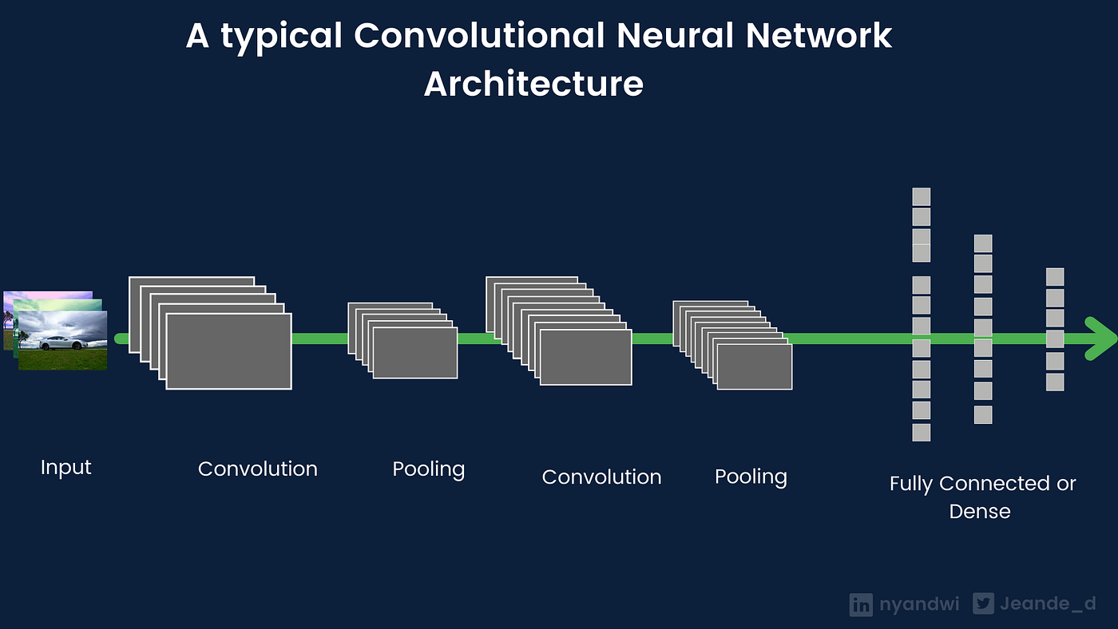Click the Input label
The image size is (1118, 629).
point(65,467)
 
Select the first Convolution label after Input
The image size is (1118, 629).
point(257,469)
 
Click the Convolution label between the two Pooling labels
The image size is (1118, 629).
point(601,477)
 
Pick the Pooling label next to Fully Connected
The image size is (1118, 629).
point(751,477)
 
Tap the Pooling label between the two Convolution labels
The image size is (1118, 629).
point(428,469)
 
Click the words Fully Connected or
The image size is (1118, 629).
point(982,484)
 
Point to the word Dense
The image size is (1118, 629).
point(980,512)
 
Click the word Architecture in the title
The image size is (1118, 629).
point(533,84)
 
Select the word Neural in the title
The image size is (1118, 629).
point(691,36)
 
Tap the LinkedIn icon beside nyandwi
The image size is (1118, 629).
point(861,604)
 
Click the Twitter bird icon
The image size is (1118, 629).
point(983,604)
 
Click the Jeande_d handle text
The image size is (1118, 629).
point(1048,604)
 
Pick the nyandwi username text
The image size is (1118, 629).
point(918,604)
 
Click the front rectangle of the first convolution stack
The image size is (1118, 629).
point(228,351)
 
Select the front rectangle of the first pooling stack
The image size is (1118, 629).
point(414,353)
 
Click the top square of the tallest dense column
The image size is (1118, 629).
point(922,196)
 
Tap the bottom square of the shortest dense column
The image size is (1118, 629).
point(1055,382)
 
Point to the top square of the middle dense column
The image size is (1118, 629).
point(983,243)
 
